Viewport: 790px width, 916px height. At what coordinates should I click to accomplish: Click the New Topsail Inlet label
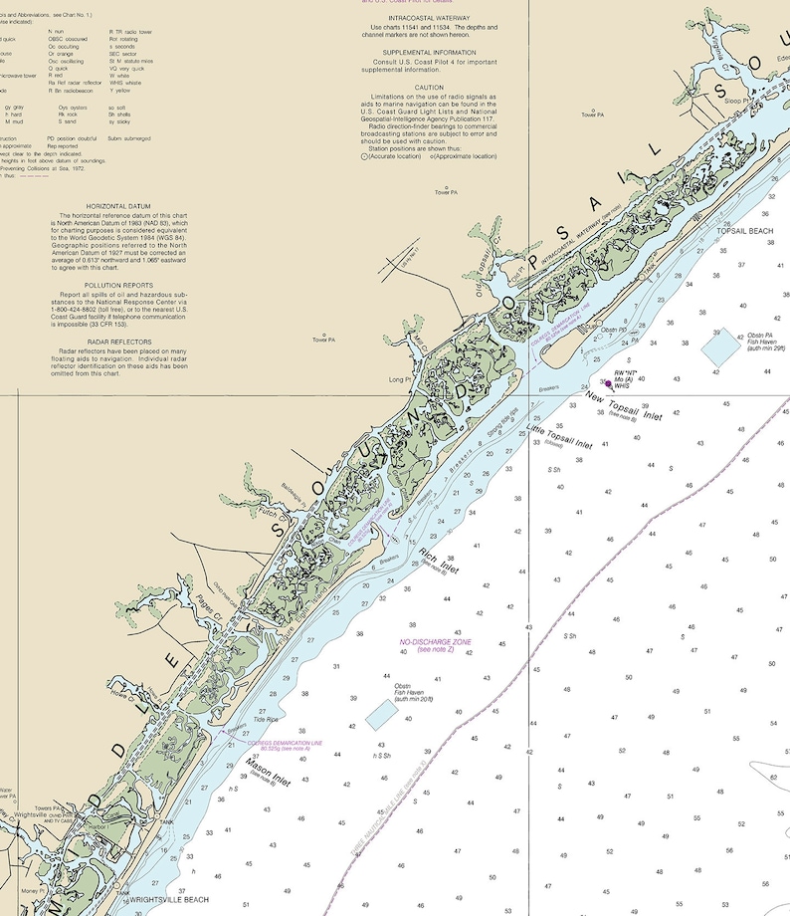(623, 405)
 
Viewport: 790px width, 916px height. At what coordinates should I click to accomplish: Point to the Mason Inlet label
(268, 773)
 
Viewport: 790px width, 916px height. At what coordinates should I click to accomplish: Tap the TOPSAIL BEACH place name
(744, 231)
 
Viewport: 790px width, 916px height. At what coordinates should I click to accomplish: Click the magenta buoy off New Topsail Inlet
(608, 381)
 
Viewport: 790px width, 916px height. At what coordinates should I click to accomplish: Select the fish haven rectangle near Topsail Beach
(720, 345)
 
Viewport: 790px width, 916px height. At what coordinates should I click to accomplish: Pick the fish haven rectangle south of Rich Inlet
(379, 713)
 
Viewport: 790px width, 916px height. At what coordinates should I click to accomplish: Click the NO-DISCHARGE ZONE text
(435, 642)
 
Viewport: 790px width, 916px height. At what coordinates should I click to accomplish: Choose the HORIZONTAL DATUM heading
(124, 206)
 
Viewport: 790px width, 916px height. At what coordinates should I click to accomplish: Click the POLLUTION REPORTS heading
(124, 285)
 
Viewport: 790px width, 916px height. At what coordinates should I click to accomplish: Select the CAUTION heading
(430, 87)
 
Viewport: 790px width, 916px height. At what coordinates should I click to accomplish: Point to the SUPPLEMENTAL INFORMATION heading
(430, 52)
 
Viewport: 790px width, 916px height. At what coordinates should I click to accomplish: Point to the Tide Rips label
(266, 718)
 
